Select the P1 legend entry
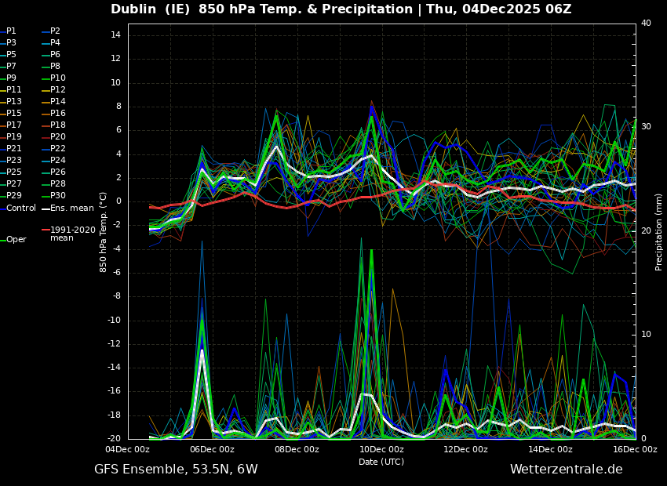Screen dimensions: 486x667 coord(11,31)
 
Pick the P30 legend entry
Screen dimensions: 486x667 coord(58,196)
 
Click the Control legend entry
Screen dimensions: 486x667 coord(21,208)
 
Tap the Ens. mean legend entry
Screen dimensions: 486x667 coord(71,208)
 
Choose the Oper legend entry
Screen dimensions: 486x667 coord(16,240)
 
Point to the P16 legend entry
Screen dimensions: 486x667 coord(58,114)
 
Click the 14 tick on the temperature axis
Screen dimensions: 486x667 coord(115,35)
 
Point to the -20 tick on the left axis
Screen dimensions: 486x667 coord(114,438)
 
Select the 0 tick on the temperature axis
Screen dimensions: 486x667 coord(118,201)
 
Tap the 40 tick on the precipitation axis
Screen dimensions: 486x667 coord(646,24)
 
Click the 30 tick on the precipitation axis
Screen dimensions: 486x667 coord(646,127)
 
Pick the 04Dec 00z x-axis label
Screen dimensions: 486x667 coord(127,450)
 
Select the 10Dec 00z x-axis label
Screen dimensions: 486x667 coord(381,450)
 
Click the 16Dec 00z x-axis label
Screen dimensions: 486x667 coord(635,450)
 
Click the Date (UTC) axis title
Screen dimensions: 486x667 coord(381,462)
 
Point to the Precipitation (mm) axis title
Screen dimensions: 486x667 coord(659,232)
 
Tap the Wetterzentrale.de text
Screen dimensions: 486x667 coord(566,470)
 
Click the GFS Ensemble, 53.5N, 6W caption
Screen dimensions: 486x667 coord(176,470)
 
